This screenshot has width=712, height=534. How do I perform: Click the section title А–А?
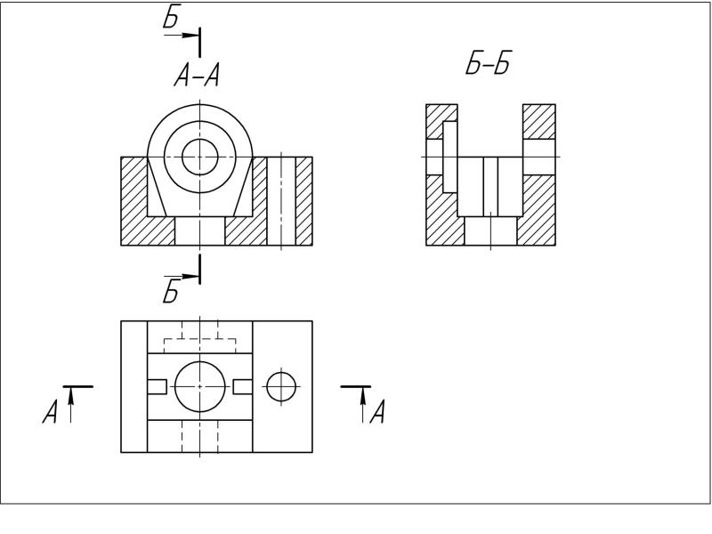(197, 75)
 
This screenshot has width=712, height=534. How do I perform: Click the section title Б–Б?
(489, 62)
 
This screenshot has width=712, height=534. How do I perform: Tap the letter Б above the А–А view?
(172, 17)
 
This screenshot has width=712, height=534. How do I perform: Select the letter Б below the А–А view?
(171, 291)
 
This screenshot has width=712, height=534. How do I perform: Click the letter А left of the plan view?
(51, 411)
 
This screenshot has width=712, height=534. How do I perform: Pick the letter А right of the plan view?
(377, 411)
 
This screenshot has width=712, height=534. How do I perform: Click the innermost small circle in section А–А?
(199, 157)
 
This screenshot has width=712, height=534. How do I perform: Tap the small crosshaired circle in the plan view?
(281, 386)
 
